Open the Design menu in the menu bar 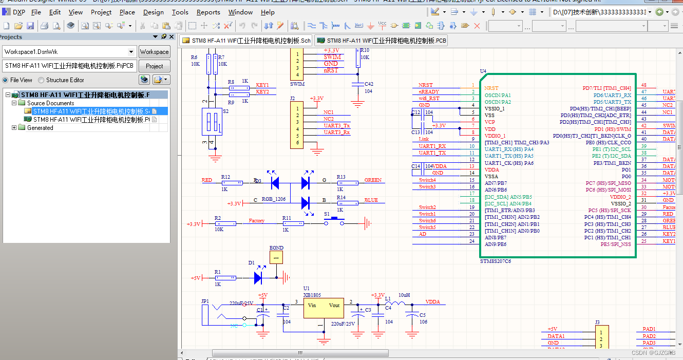tap(153, 12)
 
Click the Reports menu tap(208, 12)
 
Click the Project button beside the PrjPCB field tap(154, 66)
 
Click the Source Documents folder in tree tap(50, 103)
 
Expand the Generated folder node tap(14, 128)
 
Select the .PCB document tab tap(381, 41)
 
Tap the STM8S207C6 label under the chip tap(495, 261)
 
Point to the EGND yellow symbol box tap(276, 257)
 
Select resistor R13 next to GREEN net tap(348, 183)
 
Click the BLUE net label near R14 tap(371, 200)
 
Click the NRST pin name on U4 tap(491, 88)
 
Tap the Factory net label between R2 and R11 tap(256, 221)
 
